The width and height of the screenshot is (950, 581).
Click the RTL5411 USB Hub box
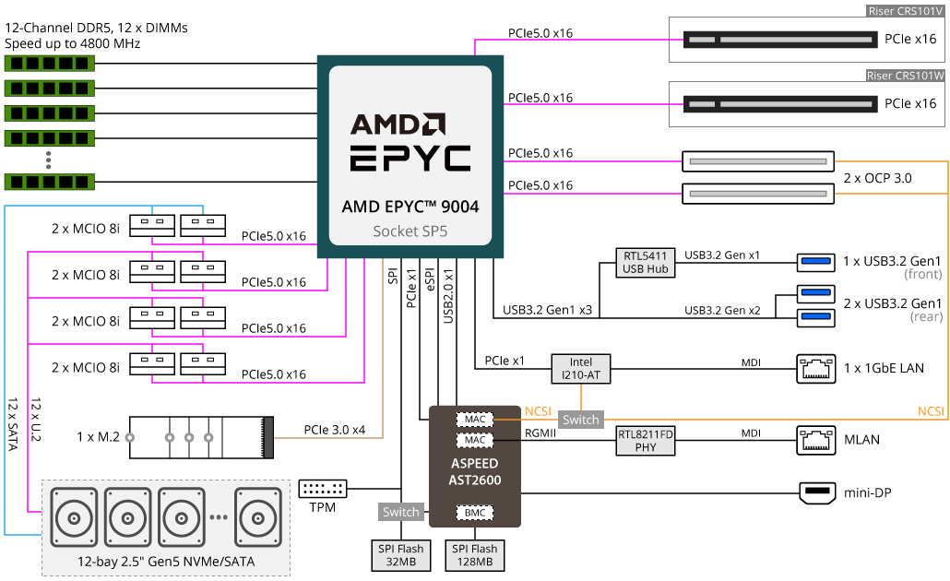click(646, 262)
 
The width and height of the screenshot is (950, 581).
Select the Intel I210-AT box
click(581, 369)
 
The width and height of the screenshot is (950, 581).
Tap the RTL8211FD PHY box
click(646, 441)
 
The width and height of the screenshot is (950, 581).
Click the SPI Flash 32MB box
click(400, 555)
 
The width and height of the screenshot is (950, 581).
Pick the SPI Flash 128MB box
click(475, 555)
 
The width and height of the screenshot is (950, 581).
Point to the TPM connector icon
click(323, 489)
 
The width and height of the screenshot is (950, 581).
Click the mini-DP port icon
click(816, 493)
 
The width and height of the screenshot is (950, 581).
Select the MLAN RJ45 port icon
click(816, 440)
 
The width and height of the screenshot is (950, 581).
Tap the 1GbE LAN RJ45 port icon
click(816, 369)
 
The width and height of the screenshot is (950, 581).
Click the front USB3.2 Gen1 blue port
click(816, 263)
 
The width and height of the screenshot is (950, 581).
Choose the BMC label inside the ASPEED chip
click(475, 512)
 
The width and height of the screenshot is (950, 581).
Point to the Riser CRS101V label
click(907, 11)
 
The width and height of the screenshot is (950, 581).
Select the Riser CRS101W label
click(906, 76)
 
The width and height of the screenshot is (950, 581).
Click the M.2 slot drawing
click(201, 436)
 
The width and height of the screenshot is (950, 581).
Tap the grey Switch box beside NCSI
click(581, 420)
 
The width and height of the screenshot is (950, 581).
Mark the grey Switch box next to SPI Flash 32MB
click(401, 512)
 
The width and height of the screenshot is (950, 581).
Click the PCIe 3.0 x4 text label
click(335, 429)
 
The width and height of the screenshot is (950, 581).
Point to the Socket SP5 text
click(410, 231)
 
